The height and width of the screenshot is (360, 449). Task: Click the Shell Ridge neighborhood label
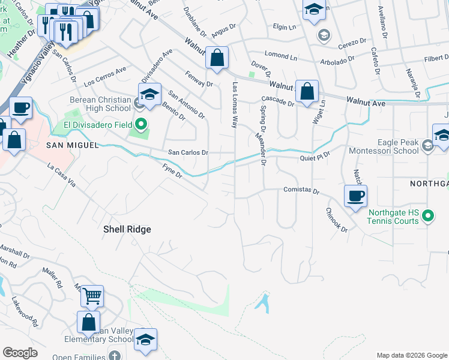(x=127, y=229)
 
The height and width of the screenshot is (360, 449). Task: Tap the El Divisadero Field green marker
(x=142, y=125)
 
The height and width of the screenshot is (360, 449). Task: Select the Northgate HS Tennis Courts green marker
(x=428, y=215)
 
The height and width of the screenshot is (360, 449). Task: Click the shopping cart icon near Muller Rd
(x=92, y=295)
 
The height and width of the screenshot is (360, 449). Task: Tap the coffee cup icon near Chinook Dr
(x=355, y=195)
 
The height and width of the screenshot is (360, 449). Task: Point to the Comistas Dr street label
(x=300, y=191)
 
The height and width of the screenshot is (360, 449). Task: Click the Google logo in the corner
(x=20, y=353)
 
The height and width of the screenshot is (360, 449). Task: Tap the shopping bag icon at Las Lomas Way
(x=217, y=58)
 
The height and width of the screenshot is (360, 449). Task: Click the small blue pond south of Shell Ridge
(x=262, y=302)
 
